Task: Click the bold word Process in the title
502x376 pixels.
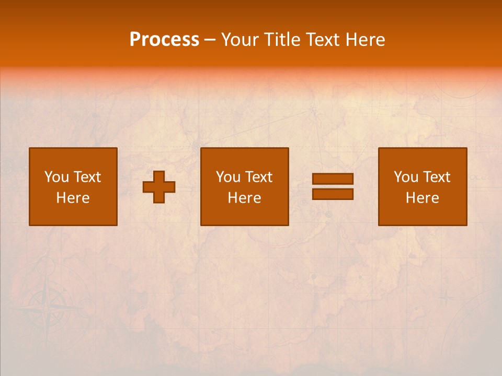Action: (x=164, y=40)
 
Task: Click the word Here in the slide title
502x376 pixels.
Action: (x=367, y=40)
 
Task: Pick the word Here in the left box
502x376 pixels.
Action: (x=73, y=198)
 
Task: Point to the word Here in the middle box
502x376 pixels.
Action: (x=244, y=198)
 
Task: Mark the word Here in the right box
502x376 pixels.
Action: (x=422, y=198)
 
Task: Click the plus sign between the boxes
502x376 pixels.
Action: (x=159, y=187)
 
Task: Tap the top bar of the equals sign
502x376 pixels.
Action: (x=333, y=179)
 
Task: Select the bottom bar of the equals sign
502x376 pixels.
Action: (x=333, y=194)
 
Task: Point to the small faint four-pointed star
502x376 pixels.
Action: (x=446, y=298)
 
